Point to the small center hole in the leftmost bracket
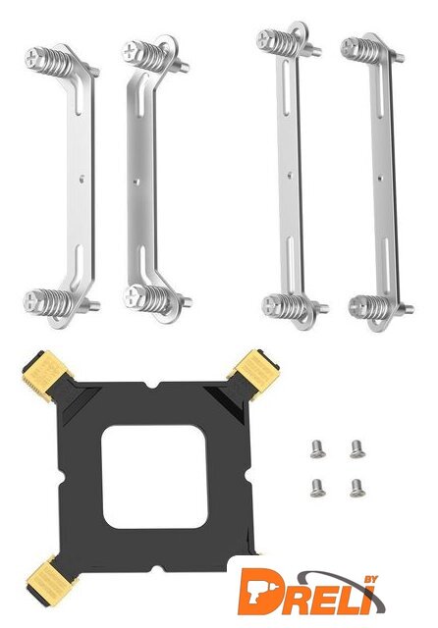(82, 179)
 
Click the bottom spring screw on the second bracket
(146, 299)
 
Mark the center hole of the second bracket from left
(137, 183)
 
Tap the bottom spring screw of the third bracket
(286, 306)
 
